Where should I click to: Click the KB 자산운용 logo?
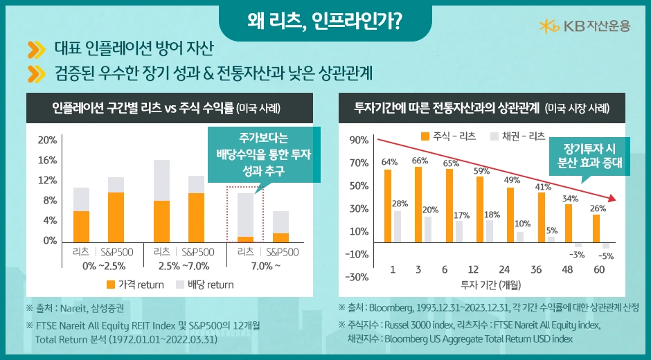click(x=585, y=26)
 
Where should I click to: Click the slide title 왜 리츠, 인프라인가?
click(x=325, y=21)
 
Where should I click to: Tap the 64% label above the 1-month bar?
click(x=389, y=162)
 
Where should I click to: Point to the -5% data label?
click(x=606, y=256)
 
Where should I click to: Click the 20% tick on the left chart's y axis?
click(x=47, y=140)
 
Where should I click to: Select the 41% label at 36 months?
click(x=543, y=186)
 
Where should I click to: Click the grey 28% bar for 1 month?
click(x=398, y=226)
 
